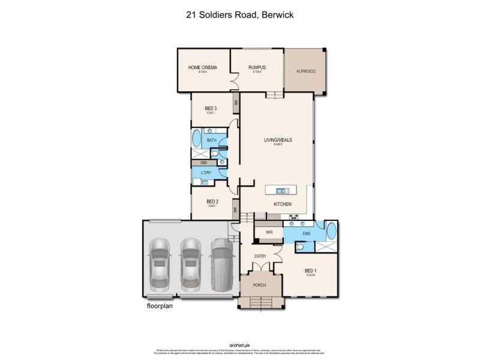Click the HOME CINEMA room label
202,67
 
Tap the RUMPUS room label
258,67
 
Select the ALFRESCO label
305,71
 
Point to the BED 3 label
211,108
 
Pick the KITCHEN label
282,205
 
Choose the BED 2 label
211,201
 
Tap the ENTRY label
260,257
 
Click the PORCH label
261,286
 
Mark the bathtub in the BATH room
197,140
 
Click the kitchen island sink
281,191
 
